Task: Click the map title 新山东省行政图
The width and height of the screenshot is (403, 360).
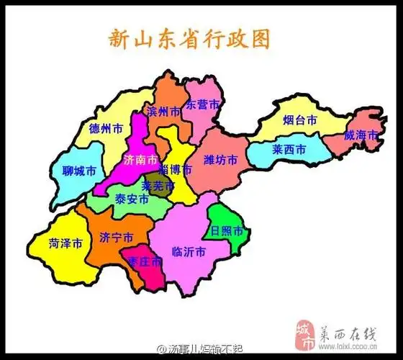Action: (189, 38)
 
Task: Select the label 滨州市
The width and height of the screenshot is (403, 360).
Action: (163, 112)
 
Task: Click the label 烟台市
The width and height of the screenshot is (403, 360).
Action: (299, 121)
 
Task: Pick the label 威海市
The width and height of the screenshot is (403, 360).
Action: (360, 135)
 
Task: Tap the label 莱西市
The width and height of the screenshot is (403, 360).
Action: (289, 150)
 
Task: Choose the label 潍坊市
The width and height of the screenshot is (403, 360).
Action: (220, 159)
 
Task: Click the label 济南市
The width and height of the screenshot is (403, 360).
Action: (139, 159)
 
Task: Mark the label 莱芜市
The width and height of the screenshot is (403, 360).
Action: (158, 186)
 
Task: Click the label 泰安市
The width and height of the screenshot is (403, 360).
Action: (132, 199)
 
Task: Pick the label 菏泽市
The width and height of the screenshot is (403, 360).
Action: (65, 243)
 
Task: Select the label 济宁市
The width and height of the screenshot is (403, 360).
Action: (116, 238)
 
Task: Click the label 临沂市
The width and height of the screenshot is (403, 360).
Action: (189, 253)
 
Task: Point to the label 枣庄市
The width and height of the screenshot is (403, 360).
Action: (145, 263)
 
